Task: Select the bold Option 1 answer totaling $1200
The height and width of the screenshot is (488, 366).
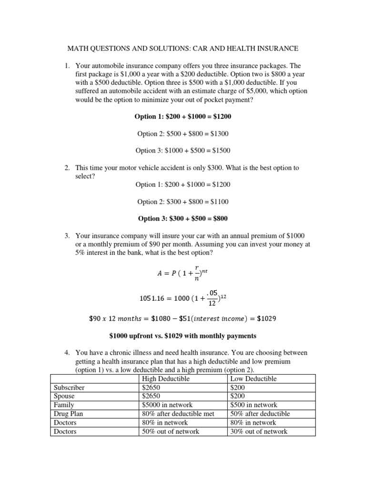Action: pos(183,117)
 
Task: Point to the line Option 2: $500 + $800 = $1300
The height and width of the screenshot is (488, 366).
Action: pos(183,134)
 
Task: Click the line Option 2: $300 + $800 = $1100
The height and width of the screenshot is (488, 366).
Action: pos(183,202)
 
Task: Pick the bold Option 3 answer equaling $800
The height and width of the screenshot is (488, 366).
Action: pos(183,218)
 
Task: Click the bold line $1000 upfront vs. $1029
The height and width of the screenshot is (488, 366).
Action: pos(183,335)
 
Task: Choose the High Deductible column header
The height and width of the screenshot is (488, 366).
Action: pos(165,379)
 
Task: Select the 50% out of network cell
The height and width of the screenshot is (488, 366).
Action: pos(171,431)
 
